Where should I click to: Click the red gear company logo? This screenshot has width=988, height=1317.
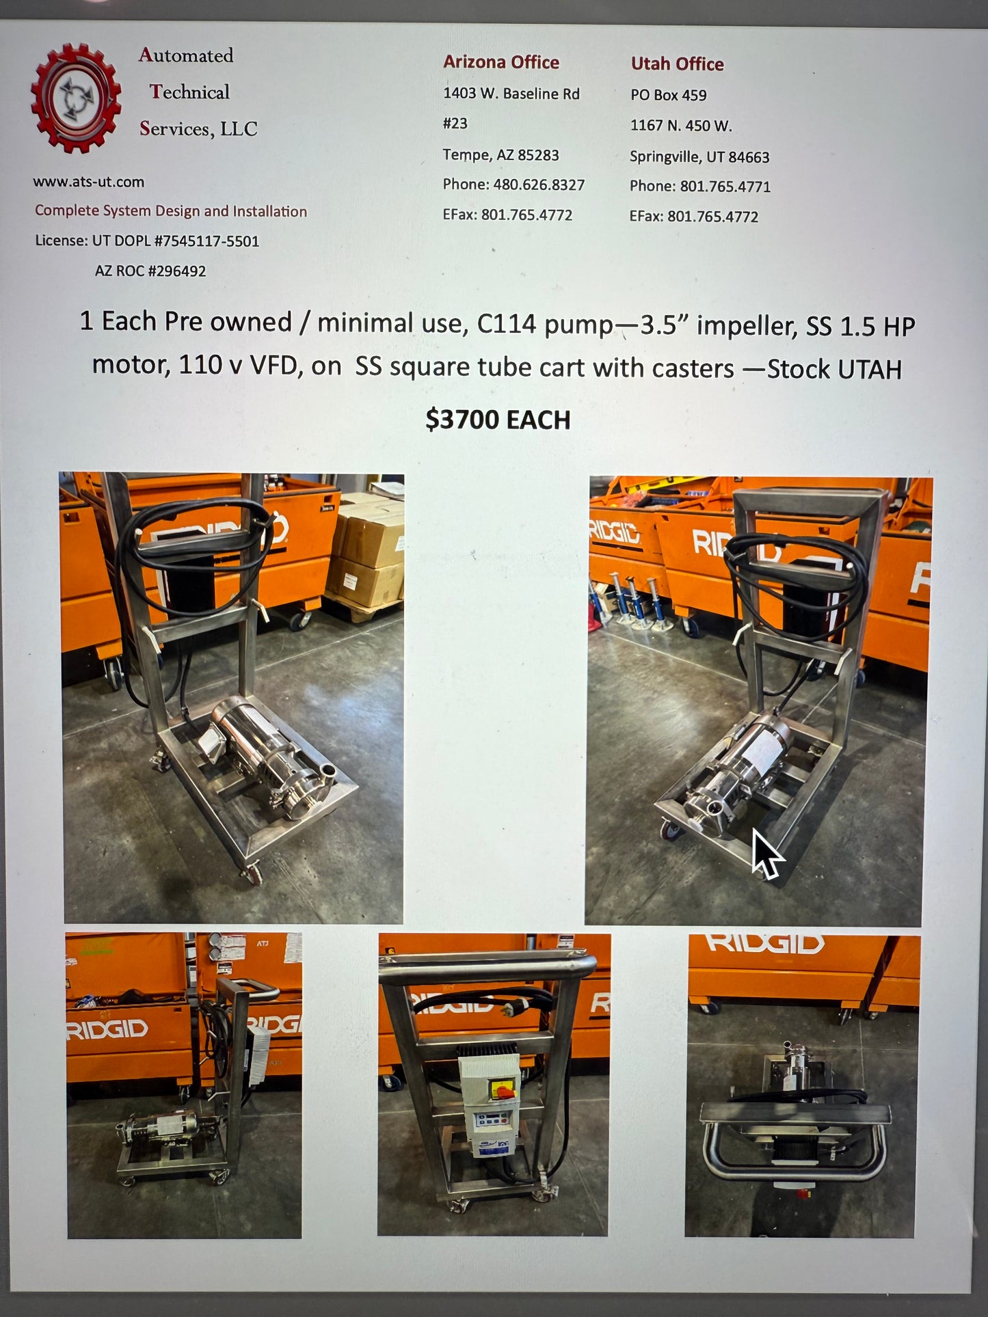click(75, 98)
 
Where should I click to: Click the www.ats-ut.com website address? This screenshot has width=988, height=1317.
click(88, 182)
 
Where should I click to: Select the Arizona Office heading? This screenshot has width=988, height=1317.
click(500, 62)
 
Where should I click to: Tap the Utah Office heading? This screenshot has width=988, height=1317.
click(677, 64)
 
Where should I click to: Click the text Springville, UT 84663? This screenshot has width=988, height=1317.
click(699, 157)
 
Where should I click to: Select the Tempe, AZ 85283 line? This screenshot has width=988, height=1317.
click(500, 154)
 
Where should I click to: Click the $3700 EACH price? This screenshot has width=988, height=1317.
click(497, 419)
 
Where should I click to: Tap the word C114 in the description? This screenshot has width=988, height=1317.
click(506, 323)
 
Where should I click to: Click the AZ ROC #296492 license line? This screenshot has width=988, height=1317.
click(150, 271)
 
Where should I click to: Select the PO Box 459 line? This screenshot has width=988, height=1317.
click(668, 95)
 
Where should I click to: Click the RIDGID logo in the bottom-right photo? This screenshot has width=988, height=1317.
click(764, 944)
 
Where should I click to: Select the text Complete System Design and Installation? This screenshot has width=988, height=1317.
click(171, 211)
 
